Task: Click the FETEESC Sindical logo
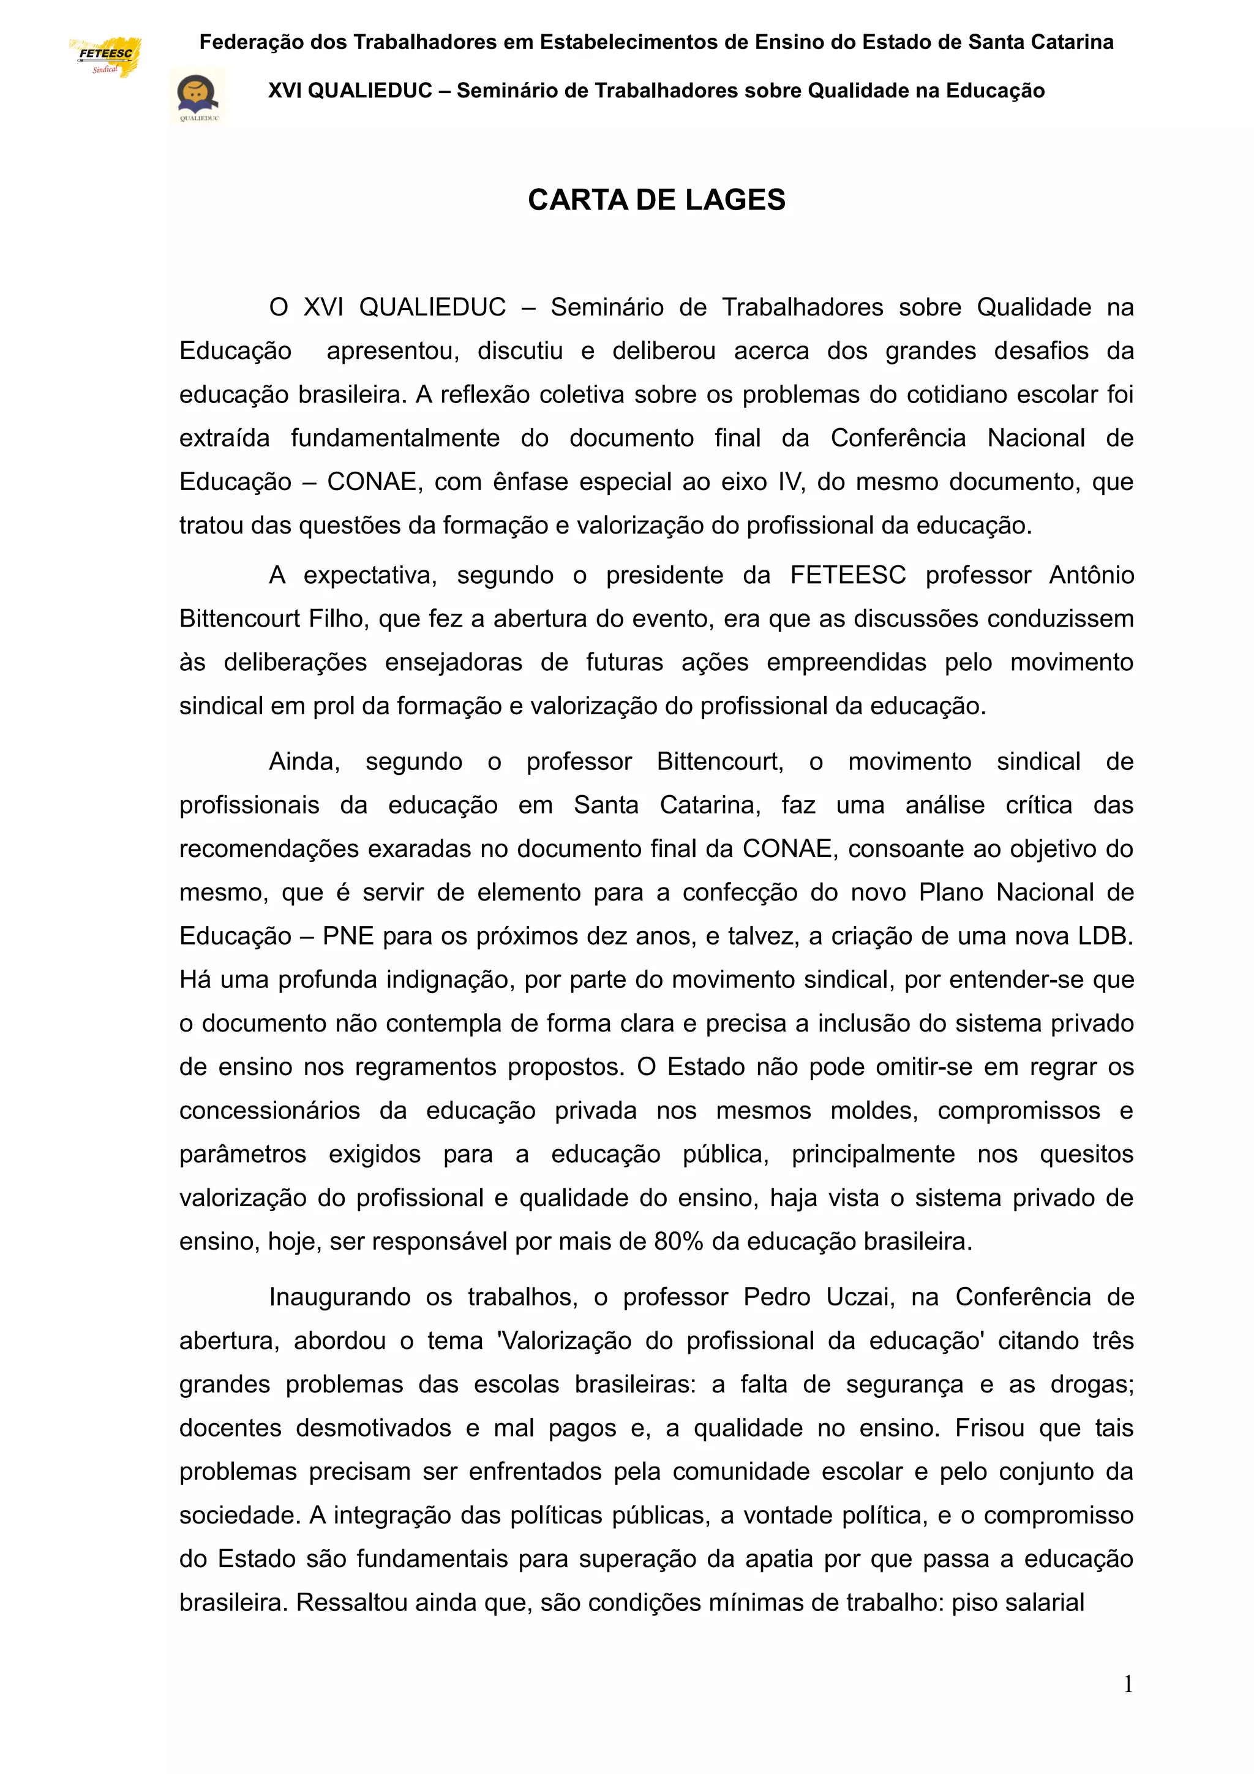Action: (x=105, y=57)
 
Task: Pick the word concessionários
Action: (x=269, y=1111)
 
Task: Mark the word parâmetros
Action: (x=242, y=1154)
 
